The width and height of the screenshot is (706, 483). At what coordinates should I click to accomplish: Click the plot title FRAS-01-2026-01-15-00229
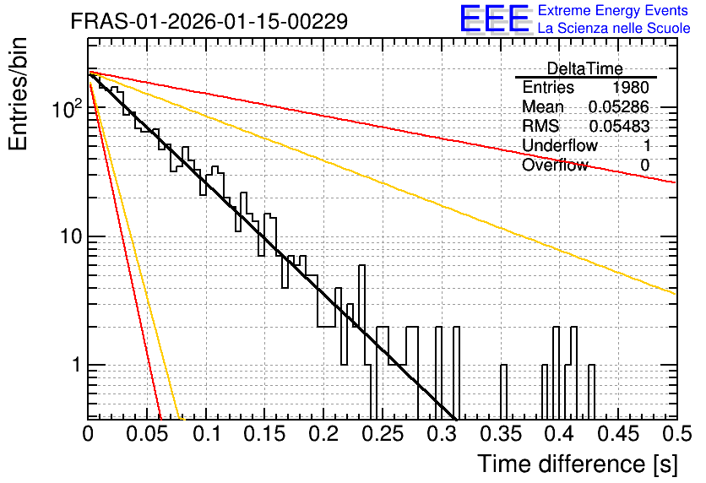(x=209, y=21)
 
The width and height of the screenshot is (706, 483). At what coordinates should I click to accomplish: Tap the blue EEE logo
(x=495, y=19)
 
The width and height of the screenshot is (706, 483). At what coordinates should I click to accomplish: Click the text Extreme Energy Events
(x=613, y=10)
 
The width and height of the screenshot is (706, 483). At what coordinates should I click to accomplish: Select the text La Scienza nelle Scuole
(x=614, y=28)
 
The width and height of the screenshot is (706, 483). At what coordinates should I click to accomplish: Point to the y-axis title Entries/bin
(x=18, y=94)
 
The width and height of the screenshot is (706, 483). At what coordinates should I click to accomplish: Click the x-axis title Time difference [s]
(x=578, y=464)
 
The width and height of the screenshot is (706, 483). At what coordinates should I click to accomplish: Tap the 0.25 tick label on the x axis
(x=383, y=434)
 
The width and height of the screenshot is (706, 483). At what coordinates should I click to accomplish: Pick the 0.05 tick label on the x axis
(x=147, y=434)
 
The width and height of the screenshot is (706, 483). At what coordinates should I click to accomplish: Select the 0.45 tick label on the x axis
(x=618, y=434)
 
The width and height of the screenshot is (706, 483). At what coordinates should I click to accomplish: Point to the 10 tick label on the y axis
(x=72, y=236)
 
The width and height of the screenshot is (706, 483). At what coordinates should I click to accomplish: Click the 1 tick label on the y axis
(x=77, y=365)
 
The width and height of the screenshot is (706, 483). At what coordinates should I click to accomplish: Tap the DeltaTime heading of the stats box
(x=585, y=68)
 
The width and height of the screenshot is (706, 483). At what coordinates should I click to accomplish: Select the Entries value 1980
(x=630, y=87)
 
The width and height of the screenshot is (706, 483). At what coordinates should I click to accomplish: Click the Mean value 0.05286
(x=619, y=106)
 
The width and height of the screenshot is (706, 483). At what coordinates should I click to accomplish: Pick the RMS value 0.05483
(x=619, y=126)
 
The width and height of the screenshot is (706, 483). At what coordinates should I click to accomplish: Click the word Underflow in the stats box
(x=560, y=145)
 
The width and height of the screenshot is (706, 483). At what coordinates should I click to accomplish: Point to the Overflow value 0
(x=644, y=166)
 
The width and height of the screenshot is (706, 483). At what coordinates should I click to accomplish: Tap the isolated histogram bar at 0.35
(x=503, y=392)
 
